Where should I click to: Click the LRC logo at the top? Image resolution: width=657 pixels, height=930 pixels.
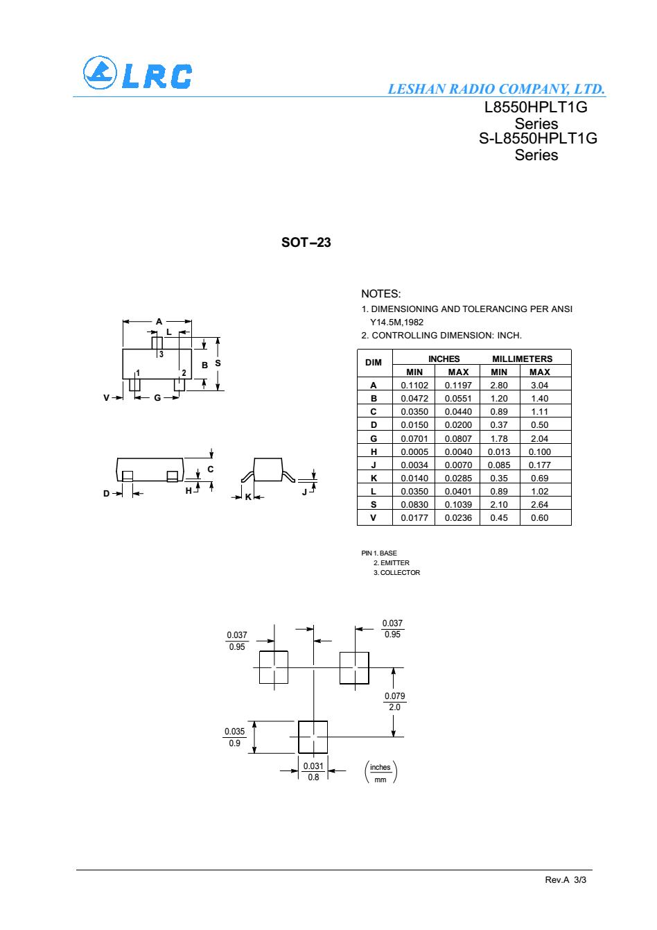[137, 73]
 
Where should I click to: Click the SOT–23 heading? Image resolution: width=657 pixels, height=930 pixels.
[306, 243]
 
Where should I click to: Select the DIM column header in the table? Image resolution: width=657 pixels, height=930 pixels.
[374, 363]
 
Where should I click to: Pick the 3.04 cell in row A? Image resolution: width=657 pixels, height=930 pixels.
[539, 386]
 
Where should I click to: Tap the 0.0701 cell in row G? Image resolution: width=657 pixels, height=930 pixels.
[414, 438]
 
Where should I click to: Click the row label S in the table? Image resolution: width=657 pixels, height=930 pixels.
[374, 504]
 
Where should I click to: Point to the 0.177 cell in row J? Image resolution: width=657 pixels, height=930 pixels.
[539, 465]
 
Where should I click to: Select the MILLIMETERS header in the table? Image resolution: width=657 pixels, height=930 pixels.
[522, 359]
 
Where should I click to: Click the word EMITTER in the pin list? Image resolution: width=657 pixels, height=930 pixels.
[394, 562]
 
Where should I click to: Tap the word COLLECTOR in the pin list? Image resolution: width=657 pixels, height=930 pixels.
[400, 573]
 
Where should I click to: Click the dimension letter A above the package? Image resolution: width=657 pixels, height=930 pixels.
[159, 321]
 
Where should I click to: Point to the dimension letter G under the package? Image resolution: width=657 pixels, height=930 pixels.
[157, 398]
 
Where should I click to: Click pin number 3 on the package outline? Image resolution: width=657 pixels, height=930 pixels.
[161, 354]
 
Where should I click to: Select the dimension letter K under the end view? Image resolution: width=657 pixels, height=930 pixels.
[248, 497]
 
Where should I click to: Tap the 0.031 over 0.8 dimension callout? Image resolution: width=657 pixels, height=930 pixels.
[313, 771]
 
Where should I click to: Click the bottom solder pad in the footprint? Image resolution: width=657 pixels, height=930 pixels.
[313, 737]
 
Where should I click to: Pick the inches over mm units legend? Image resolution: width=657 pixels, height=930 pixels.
[380, 772]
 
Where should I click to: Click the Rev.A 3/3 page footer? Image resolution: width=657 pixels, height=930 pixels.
[566, 880]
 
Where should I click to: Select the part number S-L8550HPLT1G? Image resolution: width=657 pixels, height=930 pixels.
[538, 138]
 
